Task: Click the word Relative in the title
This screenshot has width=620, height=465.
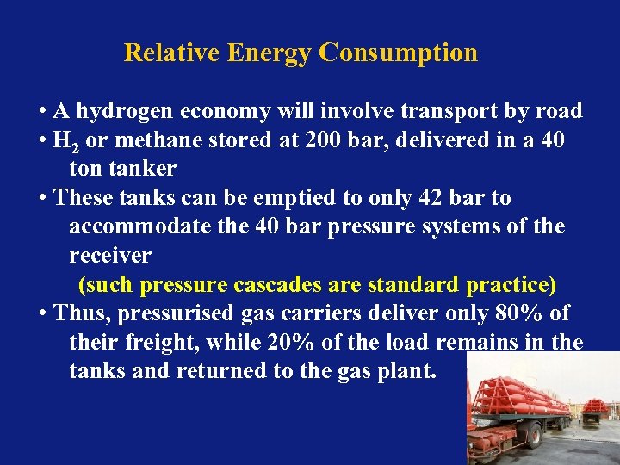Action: coord(172,53)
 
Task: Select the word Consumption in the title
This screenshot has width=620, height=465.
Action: coord(398,53)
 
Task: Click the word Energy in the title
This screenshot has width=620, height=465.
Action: coord(271,53)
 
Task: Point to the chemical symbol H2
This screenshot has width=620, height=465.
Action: coord(64,141)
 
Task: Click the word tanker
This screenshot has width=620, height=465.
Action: coord(143,169)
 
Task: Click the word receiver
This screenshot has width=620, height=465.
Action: coord(109,256)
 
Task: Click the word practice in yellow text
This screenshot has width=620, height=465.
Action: coord(511,285)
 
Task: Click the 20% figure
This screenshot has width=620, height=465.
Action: coord(291,343)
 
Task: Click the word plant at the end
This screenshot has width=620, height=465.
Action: coord(410,371)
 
